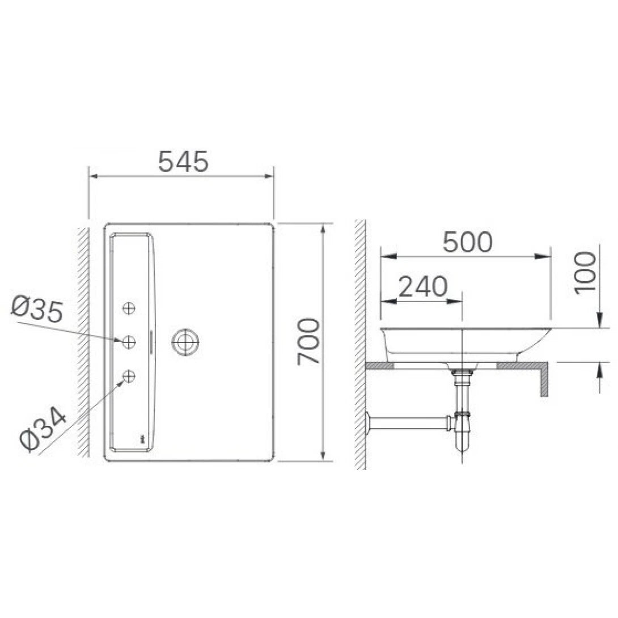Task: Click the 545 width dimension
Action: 183,162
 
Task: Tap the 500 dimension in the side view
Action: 468,243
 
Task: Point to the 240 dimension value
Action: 422,287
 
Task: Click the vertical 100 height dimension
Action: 585,273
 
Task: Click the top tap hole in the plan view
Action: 129,308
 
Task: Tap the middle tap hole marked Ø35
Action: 129,341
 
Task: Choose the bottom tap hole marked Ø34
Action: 129,375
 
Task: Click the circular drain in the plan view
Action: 185,342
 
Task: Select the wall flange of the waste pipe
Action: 370,422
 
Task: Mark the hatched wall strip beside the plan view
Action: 83,340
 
